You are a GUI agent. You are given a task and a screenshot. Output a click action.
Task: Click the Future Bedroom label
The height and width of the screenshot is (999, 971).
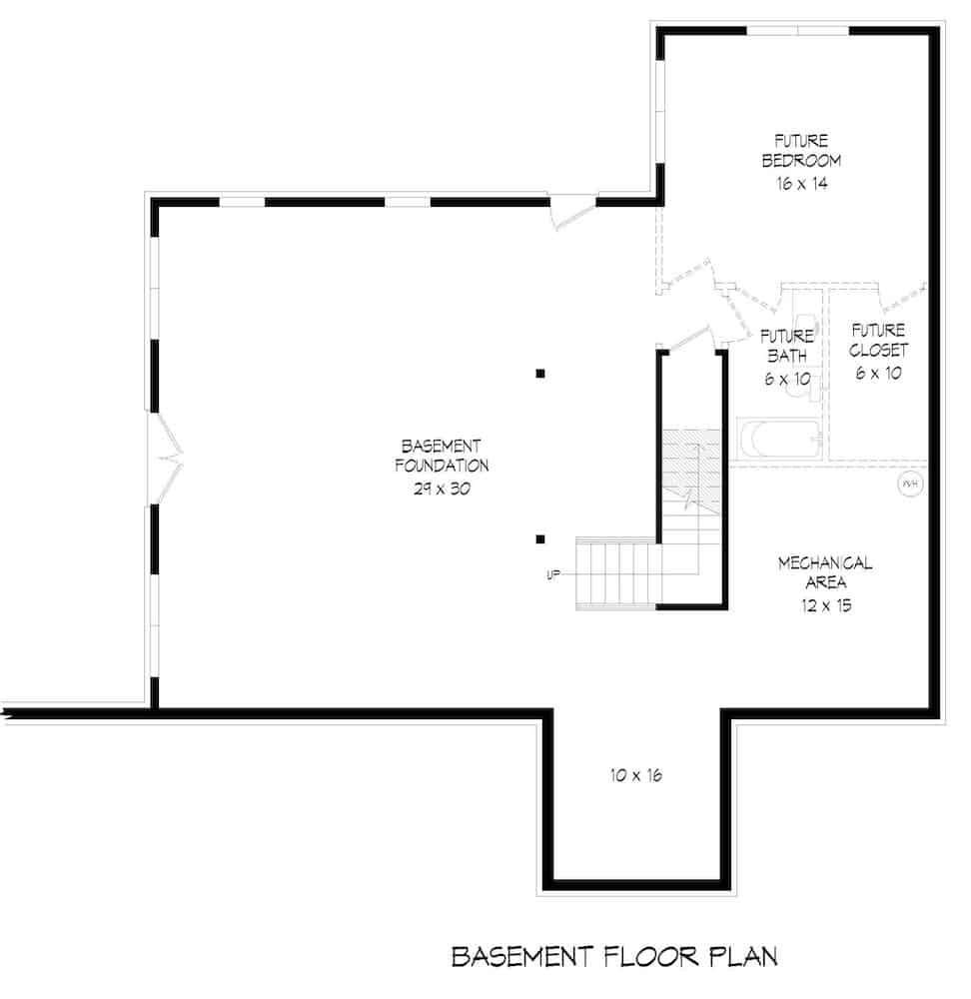(801, 150)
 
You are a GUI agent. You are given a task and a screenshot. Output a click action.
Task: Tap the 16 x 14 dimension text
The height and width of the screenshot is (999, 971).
(801, 183)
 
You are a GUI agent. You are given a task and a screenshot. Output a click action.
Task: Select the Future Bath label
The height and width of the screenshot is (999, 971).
(786, 343)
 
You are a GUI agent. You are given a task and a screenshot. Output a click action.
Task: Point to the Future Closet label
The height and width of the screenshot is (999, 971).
(878, 339)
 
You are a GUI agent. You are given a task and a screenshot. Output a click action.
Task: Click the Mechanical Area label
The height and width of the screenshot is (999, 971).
(824, 573)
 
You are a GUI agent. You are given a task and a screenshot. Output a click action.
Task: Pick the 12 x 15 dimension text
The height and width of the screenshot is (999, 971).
(824, 605)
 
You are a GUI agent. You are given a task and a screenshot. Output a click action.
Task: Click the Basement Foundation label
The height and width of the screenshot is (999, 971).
(441, 455)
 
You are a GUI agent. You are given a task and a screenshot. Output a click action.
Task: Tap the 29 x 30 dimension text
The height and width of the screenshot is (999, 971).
(441, 490)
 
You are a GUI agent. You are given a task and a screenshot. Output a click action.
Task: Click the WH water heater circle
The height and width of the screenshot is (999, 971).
(909, 485)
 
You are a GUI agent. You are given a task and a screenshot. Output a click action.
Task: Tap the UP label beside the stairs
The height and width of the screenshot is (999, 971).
(552, 574)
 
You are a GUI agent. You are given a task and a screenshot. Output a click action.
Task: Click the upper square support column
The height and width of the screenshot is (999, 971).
(539, 375)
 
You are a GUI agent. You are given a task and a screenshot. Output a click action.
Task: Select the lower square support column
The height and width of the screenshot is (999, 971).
(539, 539)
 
